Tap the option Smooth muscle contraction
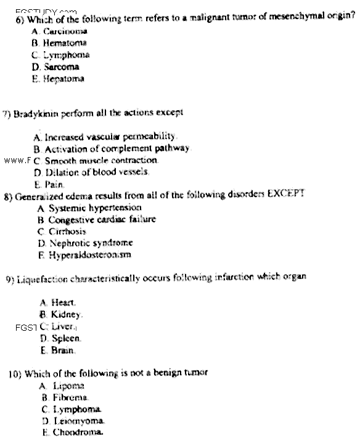pyautogui.click(x=101, y=160)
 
